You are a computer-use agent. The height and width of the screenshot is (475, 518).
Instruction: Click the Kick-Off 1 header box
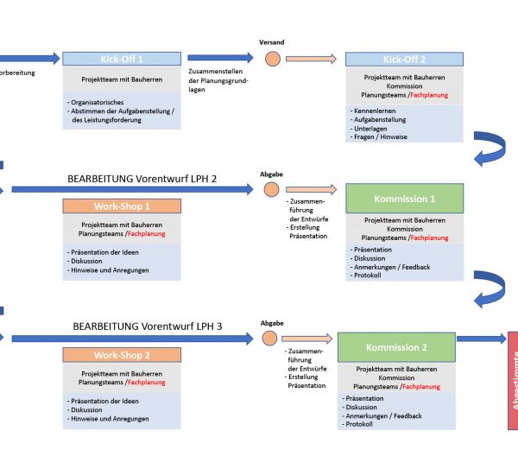[x=122, y=59]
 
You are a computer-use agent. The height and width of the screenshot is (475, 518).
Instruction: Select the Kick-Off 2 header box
[x=404, y=59]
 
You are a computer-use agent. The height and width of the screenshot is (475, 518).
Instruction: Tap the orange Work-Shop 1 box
[x=122, y=207]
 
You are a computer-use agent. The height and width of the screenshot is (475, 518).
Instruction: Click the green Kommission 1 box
[x=404, y=199]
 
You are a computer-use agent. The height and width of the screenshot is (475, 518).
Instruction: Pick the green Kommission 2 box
[x=396, y=347]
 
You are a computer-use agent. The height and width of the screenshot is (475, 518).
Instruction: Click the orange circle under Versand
[x=272, y=59]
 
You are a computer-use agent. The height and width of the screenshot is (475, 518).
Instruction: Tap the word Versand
[x=272, y=41]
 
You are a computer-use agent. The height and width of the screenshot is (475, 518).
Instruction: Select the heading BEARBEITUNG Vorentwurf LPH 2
[x=142, y=179]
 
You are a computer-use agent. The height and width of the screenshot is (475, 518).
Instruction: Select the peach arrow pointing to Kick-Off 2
[x=311, y=59]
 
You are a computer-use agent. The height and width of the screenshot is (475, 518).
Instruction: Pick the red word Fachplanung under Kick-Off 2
[x=429, y=94]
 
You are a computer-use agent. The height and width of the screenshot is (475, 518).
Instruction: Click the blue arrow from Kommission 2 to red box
[x=481, y=339]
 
